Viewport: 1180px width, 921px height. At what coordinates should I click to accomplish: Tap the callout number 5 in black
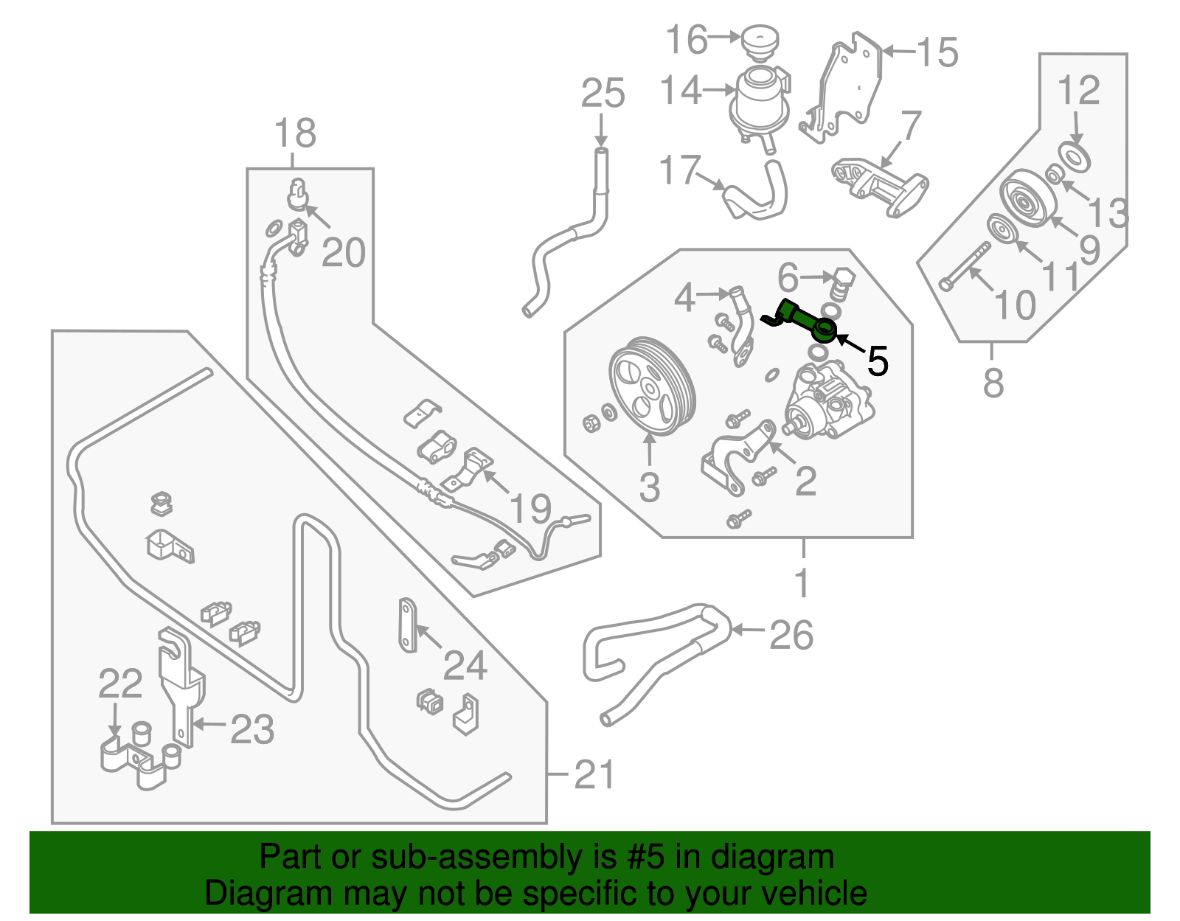877,361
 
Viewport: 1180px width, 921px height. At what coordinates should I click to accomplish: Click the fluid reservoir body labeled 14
760,100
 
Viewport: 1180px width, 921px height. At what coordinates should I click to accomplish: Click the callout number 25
603,94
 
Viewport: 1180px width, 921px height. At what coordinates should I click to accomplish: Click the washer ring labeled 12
1074,156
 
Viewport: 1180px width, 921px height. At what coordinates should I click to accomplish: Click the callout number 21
594,774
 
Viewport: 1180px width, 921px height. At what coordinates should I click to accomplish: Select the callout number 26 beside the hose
791,634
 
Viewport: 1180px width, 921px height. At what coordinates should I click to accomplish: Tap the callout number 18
295,133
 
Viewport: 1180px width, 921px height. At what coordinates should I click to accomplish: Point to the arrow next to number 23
209,725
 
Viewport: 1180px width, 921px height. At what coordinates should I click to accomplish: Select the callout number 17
678,170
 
